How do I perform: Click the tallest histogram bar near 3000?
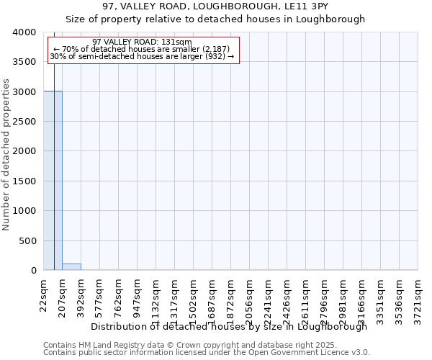coord(53,180)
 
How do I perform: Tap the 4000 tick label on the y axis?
coord(24,32)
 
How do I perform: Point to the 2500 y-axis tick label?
coord(24,122)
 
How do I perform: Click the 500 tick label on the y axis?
coord(27,241)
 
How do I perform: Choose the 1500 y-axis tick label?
coord(24,181)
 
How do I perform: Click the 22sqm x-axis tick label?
coord(43,294)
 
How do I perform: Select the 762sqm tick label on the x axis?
coord(118,297)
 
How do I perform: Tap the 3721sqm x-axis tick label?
coord(418,300)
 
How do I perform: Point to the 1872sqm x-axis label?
coord(230,300)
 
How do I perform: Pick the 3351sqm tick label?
coord(380,300)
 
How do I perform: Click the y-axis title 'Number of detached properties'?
coord(6,151)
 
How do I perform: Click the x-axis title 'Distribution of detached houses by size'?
coord(229,326)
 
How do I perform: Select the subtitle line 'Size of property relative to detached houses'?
coord(215,19)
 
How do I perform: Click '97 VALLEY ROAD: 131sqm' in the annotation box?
coord(143,42)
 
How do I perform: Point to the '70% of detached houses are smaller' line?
coord(142,49)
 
